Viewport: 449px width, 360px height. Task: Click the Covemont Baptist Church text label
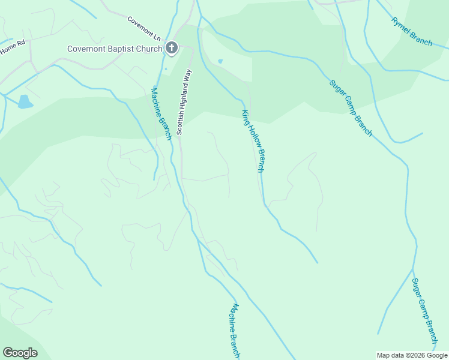click(x=115, y=49)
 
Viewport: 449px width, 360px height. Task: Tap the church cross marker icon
click(x=172, y=49)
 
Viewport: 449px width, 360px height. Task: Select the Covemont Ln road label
click(x=145, y=28)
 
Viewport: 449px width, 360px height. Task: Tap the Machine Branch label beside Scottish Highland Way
click(x=161, y=114)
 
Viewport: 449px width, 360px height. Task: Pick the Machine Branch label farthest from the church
click(x=234, y=331)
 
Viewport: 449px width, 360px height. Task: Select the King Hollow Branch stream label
click(x=253, y=141)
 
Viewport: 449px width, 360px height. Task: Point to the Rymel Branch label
click(x=412, y=31)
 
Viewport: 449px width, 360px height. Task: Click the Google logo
click(x=20, y=353)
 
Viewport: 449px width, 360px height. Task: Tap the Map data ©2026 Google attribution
click(x=412, y=355)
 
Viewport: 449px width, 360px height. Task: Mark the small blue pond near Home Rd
click(x=25, y=101)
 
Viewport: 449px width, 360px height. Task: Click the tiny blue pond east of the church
click(x=220, y=61)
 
